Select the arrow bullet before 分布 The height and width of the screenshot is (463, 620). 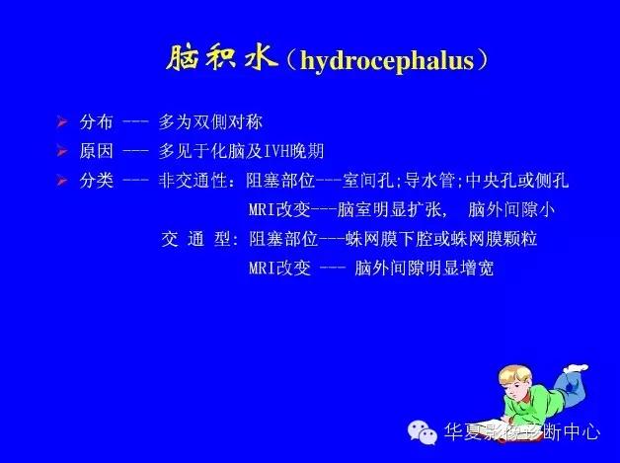coord(62,123)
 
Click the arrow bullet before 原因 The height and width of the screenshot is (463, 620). coord(62,151)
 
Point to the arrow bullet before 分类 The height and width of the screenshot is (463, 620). coord(62,181)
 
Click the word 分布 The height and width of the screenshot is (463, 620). coord(98,123)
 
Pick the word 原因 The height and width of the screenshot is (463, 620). coord(98,151)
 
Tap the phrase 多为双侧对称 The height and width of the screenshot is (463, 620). coord(210,123)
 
